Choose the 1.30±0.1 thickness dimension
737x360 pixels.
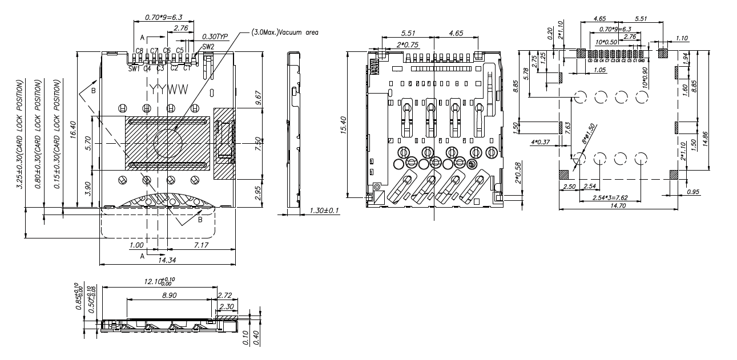pyautogui.click(x=324, y=211)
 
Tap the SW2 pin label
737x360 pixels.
pyautogui.click(x=208, y=46)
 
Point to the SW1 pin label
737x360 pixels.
pyautogui.click(x=134, y=68)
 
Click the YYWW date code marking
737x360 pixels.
pyautogui.click(x=168, y=90)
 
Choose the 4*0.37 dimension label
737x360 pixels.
pyautogui.click(x=540, y=141)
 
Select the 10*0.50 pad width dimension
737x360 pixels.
pyautogui.click(x=606, y=42)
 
